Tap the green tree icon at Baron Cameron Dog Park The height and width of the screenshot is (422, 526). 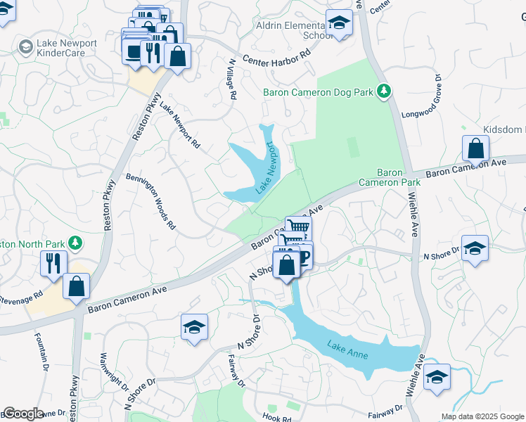coord(383,91)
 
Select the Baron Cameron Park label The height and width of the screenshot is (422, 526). coord(390,177)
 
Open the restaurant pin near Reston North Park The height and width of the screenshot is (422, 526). coord(53,263)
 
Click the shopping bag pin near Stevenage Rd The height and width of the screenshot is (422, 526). coord(77,286)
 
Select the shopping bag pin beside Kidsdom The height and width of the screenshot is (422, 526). coord(476,149)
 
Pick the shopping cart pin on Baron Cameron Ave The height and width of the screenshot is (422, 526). coord(298,227)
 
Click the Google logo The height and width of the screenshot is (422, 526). coord(23,414)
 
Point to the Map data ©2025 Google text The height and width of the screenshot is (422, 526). coord(482,416)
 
